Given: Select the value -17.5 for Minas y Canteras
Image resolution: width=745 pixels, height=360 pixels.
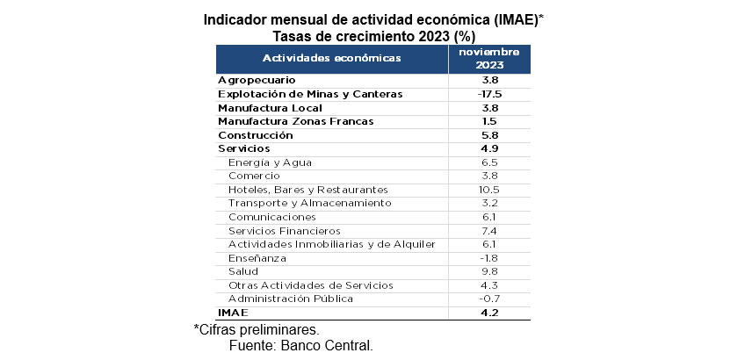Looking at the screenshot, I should (x=489, y=94).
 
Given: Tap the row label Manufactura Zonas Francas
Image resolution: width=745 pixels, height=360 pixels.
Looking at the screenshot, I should (x=295, y=121).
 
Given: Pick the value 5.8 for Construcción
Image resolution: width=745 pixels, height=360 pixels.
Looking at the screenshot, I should (x=489, y=135).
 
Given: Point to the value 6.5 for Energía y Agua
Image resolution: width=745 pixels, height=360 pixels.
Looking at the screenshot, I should (x=489, y=162).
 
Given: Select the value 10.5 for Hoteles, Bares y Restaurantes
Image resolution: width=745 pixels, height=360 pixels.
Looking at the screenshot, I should (x=489, y=190).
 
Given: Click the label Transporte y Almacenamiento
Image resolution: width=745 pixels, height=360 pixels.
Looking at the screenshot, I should (x=308, y=203).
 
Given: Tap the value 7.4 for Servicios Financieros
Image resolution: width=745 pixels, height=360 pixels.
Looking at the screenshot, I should (x=489, y=230).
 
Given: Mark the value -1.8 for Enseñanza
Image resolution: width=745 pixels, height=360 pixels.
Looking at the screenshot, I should (x=489, y=257).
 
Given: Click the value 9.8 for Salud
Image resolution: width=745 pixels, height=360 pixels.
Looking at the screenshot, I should (x=489, y=271).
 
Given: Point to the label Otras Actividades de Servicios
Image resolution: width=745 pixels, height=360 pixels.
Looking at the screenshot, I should (x=310, y=284).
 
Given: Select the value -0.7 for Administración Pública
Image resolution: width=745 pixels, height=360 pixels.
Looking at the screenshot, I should (x=489, y=299).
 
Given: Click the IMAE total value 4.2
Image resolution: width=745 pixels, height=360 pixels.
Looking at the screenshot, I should (x=489, y=312).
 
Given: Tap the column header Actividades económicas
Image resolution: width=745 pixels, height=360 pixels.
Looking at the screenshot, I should (x=332, y=58).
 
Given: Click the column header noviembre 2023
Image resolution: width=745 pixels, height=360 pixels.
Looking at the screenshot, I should (x=489, y=58).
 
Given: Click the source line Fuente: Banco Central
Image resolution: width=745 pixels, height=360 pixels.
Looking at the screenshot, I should (x=300, y=346).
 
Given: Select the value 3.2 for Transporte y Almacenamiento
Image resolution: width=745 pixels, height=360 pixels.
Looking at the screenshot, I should (x=489, y=203).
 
